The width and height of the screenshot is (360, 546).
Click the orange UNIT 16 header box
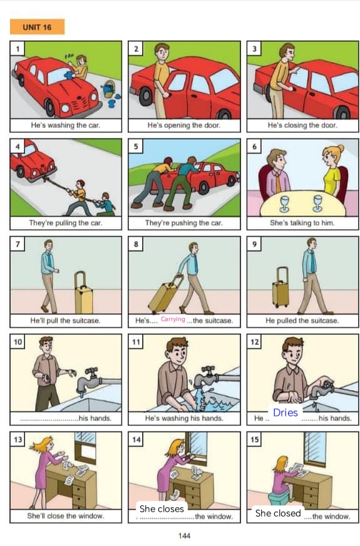38,27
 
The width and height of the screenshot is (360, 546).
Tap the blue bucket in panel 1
109,89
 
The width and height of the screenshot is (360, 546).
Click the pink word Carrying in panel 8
173,319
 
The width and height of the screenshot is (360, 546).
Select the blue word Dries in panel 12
285,413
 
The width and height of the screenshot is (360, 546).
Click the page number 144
184,535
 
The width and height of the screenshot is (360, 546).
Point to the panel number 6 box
254,147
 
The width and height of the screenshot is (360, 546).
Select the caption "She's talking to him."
302,223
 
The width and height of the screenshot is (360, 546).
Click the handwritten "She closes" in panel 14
162,508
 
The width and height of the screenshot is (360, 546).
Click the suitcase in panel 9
280,287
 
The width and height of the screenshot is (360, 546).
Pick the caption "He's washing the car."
66,125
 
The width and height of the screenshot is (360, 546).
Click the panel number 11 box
136,342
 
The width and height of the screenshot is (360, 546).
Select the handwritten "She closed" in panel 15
278,513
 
